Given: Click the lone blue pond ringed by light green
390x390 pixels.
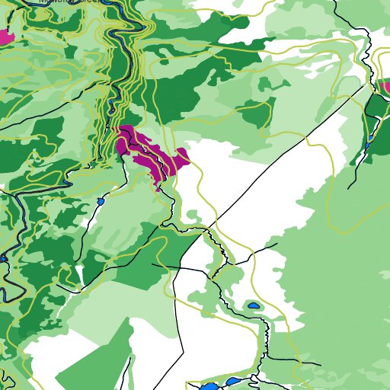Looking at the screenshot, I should point(254,306).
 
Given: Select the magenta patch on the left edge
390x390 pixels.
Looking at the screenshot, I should point(6,37).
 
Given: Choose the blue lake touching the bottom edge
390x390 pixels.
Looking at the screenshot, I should point(208,386).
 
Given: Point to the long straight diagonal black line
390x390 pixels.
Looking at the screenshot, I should point(289,152).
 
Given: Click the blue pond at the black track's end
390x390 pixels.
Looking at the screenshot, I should point(100,202).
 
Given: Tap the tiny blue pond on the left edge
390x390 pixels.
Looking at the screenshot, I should point(3,259).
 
